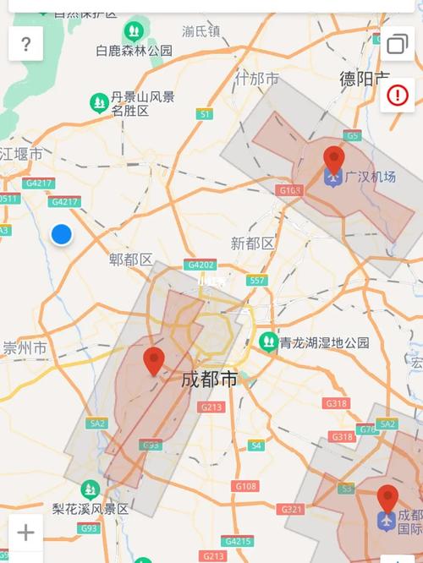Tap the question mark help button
click(x=25, y=44)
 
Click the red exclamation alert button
click(x=397, y=95)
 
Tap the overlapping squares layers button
click(x=397, y=44)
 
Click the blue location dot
click(x=61, y=234)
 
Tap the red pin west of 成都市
click(x=153, y=361)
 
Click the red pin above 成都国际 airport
click(x=387, y=499)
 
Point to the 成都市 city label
click(x=209, y=380)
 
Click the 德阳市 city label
click(x=365, y=79)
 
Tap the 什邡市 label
click(x=257, y=79)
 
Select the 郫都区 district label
click(x=131, y=259)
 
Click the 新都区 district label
click(x=252, y=243)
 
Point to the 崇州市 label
click(x=25, y=347)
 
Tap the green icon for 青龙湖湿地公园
click(x=268, y=342)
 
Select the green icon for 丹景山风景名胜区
click(x=99, y=102)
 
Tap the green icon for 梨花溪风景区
click(x=90, y=489)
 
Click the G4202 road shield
click(x=201, y=264)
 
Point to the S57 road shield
click(x=257, y=280)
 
